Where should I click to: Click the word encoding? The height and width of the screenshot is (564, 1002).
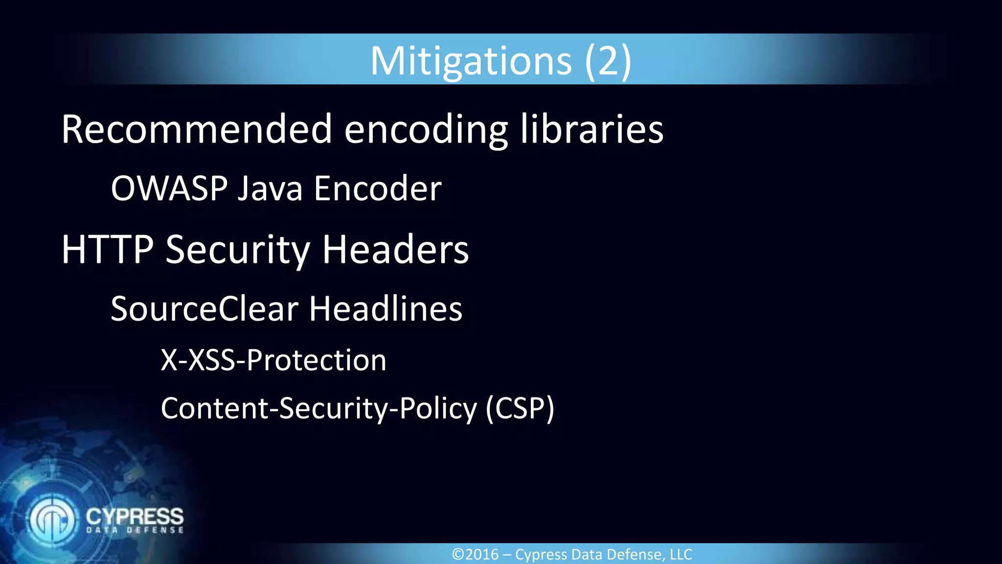pyautogui.click(x=426, y=130)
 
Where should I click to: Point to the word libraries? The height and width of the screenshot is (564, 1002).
pyautogui.click(x=592, y=129)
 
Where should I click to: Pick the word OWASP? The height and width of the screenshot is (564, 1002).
pyautogui.click(x=169, y=188)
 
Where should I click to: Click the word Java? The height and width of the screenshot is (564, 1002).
pyautogui.click(x=270, y=188)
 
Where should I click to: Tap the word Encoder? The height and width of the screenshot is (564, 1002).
pyautogui.click(x=378, y=188)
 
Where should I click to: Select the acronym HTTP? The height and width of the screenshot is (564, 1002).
pyautogui.click(x=108, y=250)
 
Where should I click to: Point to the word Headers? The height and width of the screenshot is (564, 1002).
pyautogui.click(x=395, y=250)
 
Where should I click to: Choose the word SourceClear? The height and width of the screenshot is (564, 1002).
pyautogui.click(x=205, y=309)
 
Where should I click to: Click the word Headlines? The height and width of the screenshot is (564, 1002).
pyautogui.click(x=386, y=309)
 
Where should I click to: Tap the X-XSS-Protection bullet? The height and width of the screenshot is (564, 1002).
pyautogui.click(x=273, y=360)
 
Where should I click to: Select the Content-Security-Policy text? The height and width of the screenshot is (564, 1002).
pyautogui.click(x=319, y=409)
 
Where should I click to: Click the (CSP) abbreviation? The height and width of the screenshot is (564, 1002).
pyautogui.click(x=520, y=409)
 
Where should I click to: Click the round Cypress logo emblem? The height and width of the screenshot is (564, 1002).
pyautogui.click(x=52, y=519)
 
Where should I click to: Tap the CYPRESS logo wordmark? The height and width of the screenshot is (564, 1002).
pyautogui.click(x=135, y=517)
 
